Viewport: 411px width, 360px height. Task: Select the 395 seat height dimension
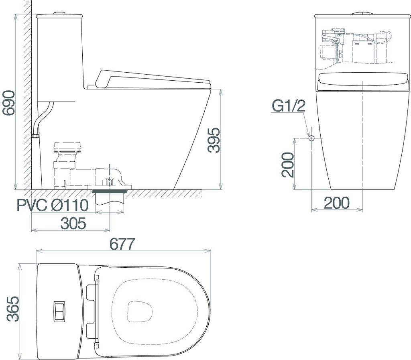click(214, 140)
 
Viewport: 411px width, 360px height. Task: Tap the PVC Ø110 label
click(53, 205)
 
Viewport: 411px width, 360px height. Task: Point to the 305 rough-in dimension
click(73, 224)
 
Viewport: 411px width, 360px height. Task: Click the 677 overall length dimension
click(122, 244)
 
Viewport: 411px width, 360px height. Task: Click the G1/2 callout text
click(289, 106)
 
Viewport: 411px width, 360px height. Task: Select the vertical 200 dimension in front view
click(287, 165)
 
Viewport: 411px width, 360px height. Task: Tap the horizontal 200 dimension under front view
click(337, 203)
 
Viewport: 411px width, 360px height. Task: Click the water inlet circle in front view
click(311, 138)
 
